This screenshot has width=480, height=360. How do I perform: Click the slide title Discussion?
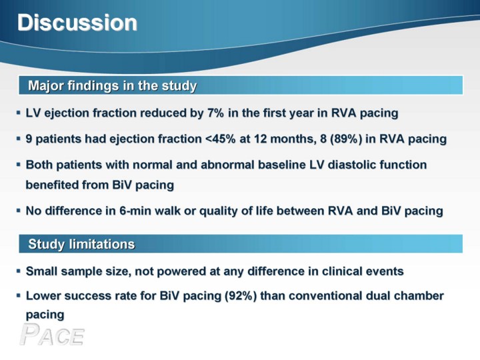77,23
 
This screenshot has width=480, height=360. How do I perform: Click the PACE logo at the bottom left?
52,335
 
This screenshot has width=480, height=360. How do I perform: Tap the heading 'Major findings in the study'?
113,85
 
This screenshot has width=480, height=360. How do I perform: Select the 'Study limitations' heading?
81,244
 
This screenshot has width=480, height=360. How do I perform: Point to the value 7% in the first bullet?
215,113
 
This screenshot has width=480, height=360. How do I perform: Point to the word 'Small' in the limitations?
41,271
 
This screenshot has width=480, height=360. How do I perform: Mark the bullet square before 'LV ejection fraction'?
19,113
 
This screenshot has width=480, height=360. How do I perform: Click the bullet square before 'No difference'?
19,211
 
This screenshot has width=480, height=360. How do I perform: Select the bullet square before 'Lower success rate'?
19,296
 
